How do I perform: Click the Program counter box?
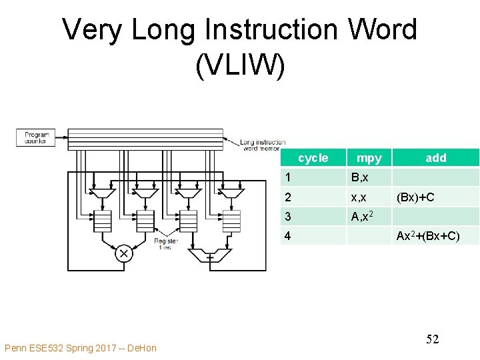point(37,137)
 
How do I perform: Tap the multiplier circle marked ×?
point(123,253)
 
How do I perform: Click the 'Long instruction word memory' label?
point(263,145)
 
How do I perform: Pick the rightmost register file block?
point(231,220)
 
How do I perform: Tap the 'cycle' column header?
point(313,158)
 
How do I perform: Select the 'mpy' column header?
point(369,158)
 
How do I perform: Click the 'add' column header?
point(436,158)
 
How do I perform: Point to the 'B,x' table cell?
point(361,178)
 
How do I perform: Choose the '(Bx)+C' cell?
point(415,197)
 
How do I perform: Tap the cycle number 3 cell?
point(287,217)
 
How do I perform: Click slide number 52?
point(432,339)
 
